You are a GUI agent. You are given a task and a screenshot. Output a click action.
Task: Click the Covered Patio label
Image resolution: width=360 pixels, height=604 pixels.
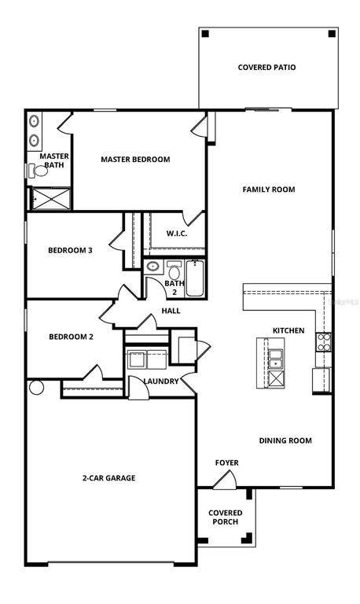point(266,68)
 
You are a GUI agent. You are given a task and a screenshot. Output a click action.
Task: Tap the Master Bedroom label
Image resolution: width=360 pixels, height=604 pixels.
point(135,160)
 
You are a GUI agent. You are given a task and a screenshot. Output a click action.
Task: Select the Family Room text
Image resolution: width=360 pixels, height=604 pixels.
point(269,190)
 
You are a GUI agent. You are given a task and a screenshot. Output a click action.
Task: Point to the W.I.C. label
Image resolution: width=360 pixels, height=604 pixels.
point(177,234)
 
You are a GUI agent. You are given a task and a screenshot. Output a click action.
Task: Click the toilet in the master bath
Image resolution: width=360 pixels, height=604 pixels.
point(38,171)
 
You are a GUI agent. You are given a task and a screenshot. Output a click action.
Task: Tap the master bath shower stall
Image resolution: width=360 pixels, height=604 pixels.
point(51,199)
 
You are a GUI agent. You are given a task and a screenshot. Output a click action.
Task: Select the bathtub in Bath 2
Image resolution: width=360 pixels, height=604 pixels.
point(195,278)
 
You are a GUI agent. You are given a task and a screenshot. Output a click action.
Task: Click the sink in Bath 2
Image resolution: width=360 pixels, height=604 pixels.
point(153,266)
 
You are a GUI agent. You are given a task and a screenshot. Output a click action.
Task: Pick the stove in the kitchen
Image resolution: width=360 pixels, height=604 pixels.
point(324,342)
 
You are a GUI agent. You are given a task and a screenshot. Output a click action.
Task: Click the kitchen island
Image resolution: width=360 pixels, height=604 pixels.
point(270,363)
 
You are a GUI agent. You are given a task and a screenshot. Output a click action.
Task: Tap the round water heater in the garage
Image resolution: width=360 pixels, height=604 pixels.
point(37,388)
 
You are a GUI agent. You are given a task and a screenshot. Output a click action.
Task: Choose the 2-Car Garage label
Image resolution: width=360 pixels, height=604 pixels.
point(109,478)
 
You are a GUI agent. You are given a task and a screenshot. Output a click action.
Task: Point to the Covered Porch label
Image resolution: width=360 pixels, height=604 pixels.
point(226,517)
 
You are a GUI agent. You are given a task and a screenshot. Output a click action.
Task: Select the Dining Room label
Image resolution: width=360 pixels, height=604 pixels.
point(285,440)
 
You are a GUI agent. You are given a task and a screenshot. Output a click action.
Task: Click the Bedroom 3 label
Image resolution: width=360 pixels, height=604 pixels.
point(70,250)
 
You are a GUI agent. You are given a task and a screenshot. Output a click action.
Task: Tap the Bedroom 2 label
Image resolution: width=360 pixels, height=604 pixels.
point(72,337)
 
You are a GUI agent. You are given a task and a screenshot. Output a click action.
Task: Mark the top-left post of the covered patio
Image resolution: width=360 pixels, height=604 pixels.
point(205,34)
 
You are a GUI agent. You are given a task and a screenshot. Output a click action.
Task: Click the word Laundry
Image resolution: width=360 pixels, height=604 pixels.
point(161,381)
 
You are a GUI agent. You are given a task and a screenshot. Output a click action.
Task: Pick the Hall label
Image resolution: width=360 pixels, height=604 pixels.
point(171,311)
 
